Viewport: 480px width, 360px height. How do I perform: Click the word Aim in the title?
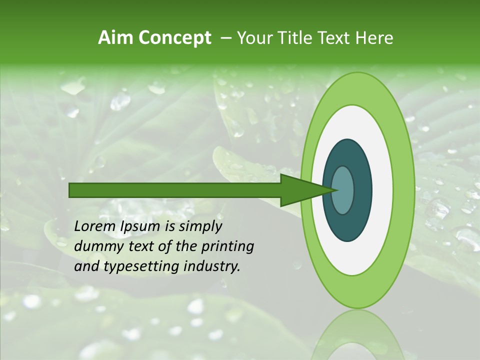[114, 38]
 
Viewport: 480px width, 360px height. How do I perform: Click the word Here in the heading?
[374, 38]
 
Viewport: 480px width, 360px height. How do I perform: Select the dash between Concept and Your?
[225, 38]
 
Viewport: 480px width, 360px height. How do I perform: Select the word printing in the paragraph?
[227, 246]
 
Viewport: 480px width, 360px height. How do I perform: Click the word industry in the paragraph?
[212, 266]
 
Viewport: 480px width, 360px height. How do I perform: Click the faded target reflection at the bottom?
[357, 337]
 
